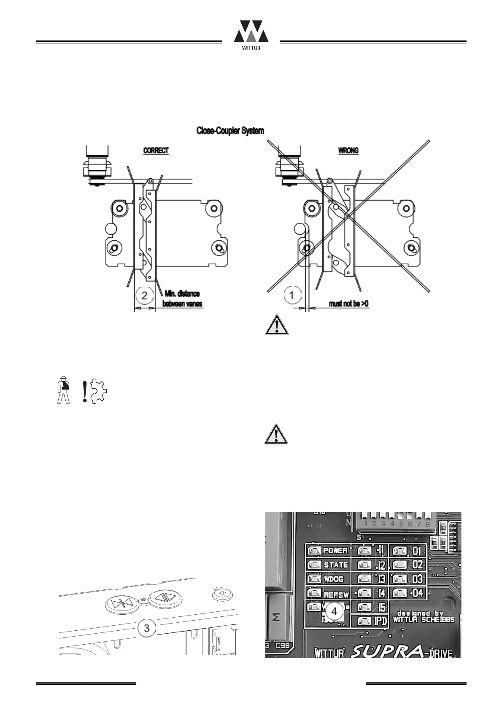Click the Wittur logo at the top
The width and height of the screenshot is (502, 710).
pyautogui.click(x=251, y=35)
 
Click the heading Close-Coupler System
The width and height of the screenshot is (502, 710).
pyautogui.click(x=230, y=131)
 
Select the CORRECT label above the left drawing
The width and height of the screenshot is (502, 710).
pyautogui.click(x=156, y=151)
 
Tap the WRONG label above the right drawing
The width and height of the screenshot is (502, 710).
pyautogui.click(x=348, y=151)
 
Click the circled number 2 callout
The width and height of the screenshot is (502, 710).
pyautogui.click(x=145, y=295)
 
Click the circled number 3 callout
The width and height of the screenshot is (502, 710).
pyautogui.click(x=146, y=627)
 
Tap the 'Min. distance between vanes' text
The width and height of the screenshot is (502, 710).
pyautogui.click(x=182, y=299)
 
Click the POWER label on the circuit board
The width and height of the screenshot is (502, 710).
pyautogui.click(x=335, y=551)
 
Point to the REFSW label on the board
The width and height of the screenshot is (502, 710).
pyautogui.click(x=336, y=595)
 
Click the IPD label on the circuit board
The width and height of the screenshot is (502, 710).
pyautogui.click(x=381, y=621)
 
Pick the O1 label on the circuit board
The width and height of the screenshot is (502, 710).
pyautogui.click(x=417, y=551)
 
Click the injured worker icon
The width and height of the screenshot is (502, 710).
pyautogui.click(x=63, y=389)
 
